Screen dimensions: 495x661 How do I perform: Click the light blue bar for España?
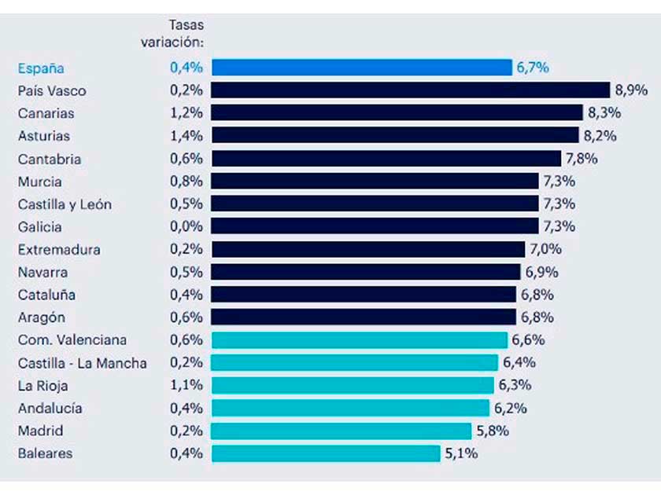tap(362, 67)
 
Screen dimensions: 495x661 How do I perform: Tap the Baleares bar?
tap(326, 453)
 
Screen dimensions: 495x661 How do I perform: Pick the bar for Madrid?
tap(342, 431)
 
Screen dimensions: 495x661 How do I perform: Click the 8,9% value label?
tap(631, 90)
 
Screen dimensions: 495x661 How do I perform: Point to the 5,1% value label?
tap(461, 453)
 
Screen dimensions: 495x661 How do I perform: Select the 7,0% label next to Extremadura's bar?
tap(545, 249)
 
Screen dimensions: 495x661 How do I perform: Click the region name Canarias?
tap(47, 113)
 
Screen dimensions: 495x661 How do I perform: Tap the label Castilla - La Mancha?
tap(82, 363)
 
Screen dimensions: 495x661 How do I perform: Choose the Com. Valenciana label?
tap(72, 340)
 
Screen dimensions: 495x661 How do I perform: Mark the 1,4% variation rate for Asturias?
tap(186, 136)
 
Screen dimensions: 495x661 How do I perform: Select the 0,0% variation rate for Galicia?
tap(186, 226)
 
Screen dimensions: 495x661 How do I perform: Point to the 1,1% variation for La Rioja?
tap(186, 386)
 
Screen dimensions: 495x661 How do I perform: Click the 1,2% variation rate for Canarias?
tap(186, 113)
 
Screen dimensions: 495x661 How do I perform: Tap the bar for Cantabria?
tap(386, 158)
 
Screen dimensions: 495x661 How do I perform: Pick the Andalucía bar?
tap(350, 408)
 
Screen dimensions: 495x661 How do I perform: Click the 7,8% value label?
tap(582, 158)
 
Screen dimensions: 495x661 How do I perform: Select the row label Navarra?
tap(42, 272)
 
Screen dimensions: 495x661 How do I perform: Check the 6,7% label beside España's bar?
tap(533, 67)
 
